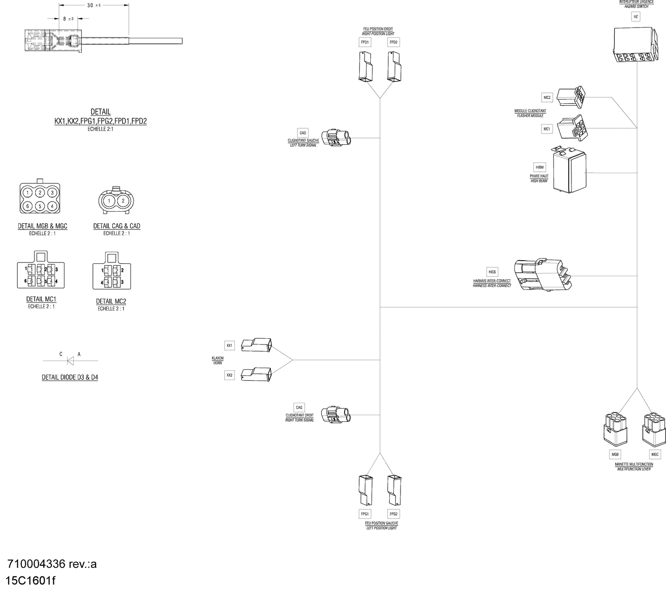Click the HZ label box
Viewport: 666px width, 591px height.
[x=636, y=17]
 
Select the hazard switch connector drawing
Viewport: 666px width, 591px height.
[x=634, y=45]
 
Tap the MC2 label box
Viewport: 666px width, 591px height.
[x=547, y=98]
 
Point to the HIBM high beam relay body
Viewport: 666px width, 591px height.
[x=569, y=171]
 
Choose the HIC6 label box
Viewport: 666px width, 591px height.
[x=492, y=272]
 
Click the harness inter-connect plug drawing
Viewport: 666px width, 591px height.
[x=542, y=275]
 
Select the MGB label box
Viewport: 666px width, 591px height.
[x=615, y=454]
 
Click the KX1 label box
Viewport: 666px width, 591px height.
[x=230, y=345]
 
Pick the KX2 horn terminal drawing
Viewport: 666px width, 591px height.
[x=256, y=374]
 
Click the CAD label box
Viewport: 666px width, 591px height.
[x=303, y=133]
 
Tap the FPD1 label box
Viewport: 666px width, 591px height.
[x=365, y=42]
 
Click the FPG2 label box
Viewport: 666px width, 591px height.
[x=393, y=514]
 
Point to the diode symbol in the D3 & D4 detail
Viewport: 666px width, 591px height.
[x=70, y=361]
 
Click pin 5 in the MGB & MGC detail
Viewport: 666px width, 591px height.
[x=40, y=206]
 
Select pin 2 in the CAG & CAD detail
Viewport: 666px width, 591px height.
[x=123, y=201]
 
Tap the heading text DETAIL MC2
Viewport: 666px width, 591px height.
[x=111, y=301]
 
